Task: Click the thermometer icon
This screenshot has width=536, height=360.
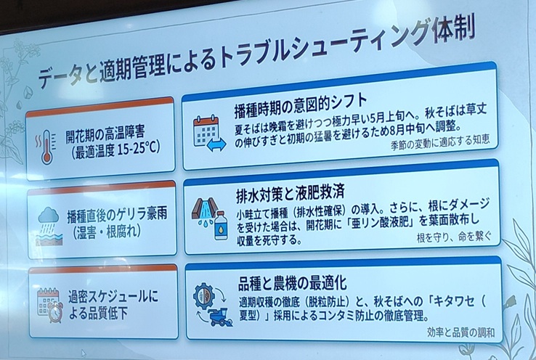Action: point(47,147)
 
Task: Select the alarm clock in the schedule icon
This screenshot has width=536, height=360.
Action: point(55,312)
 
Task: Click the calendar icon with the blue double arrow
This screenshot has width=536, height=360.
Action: point(209,134)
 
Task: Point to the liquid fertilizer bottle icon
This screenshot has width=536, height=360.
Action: point(222,225)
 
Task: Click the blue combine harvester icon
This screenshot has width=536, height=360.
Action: point(221,317)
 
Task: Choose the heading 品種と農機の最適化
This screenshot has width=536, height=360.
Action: point(293,284)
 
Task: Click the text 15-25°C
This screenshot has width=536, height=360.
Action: point(139,149)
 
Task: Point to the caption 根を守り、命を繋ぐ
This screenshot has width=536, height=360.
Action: point(454,237)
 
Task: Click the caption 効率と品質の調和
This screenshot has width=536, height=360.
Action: point(460,332)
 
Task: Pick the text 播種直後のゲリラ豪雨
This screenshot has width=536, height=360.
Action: point(117,215)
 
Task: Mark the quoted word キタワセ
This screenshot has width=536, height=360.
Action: point(454,301)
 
